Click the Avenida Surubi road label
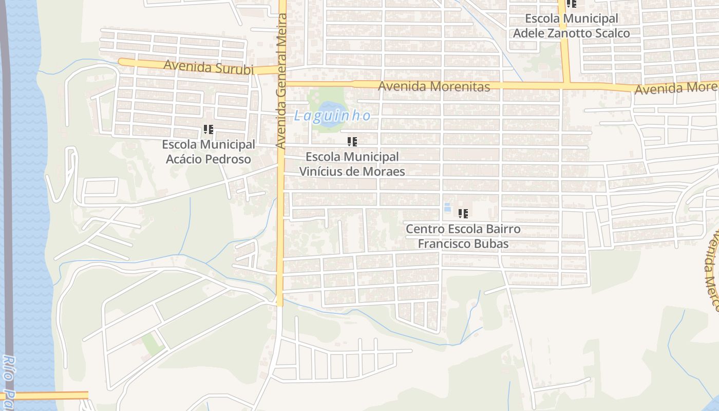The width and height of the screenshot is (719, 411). [209, 67]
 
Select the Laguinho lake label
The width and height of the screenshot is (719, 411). [332, 116]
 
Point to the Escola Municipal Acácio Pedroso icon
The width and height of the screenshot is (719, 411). [208, 129]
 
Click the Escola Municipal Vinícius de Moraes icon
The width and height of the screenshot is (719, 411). [352, 142]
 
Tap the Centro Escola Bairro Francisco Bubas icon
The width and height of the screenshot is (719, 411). [463, 214]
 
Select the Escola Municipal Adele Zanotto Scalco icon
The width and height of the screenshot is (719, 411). [571, 4]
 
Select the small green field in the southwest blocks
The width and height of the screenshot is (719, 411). [153, 343]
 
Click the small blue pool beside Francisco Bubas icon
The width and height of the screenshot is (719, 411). [447, 208]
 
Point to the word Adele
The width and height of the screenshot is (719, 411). [526, 33]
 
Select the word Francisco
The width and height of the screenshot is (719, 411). [441, 244]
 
